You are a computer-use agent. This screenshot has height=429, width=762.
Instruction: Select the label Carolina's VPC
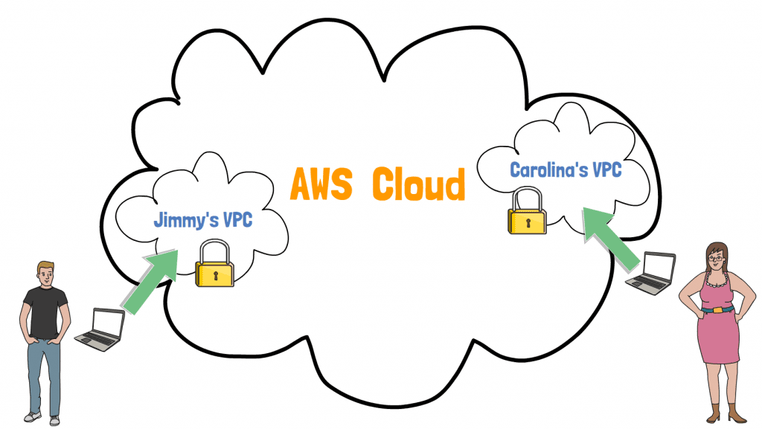[566, 170]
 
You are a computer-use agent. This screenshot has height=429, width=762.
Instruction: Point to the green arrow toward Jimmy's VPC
[150, 280]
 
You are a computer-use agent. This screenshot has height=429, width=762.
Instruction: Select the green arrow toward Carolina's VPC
[611, 233]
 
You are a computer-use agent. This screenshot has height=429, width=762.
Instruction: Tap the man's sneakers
[42, 418]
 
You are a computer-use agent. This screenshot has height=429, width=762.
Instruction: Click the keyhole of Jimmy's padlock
[214, 276]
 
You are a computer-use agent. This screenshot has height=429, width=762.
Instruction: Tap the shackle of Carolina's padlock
[526, 199]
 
